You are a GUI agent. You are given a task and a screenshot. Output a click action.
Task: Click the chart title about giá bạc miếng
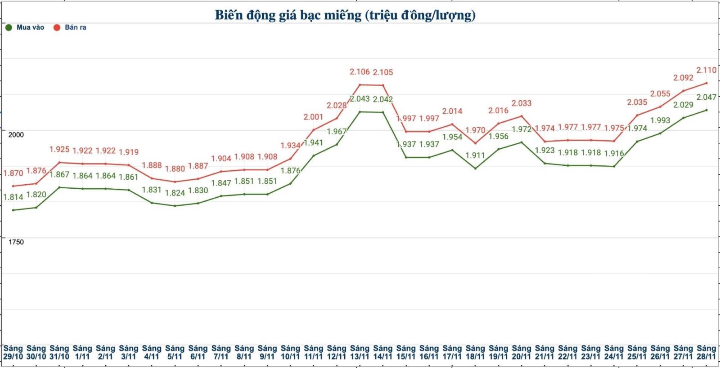click(345, 15)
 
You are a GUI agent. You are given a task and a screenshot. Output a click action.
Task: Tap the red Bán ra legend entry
click(70, 27)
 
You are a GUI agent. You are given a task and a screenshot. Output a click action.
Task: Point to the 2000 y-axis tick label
click(16, 135)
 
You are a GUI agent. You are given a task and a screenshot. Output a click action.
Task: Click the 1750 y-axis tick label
click(16, 242)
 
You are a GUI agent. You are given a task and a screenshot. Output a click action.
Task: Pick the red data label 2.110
click(706, 70)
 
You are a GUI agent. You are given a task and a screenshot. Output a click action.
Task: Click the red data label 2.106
click(360, 72)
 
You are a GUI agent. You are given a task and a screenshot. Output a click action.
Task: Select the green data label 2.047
click(706, 97)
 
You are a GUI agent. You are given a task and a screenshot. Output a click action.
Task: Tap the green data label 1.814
click(13, 197)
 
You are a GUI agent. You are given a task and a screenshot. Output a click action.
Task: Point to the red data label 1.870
click(13, 173)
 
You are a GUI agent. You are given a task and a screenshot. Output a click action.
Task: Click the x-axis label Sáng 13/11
click(360, 352)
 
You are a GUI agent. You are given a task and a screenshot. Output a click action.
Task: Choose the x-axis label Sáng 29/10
click(13, 352)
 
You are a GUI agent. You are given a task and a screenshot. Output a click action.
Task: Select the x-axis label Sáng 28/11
click(706, 352)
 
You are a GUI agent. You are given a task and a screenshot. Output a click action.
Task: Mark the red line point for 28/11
click(706, 83)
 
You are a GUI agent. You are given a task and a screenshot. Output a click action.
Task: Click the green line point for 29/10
click(13, 210)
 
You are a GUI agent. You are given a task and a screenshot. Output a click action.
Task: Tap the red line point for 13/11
click(360, 84)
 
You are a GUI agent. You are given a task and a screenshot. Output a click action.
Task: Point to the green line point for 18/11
click(475, 168)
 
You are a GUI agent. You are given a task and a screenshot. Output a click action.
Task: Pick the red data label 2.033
click(521, 103)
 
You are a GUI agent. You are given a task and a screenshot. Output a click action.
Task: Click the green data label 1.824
click(175, 193)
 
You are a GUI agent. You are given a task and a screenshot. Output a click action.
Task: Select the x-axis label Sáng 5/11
click(175, 352)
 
